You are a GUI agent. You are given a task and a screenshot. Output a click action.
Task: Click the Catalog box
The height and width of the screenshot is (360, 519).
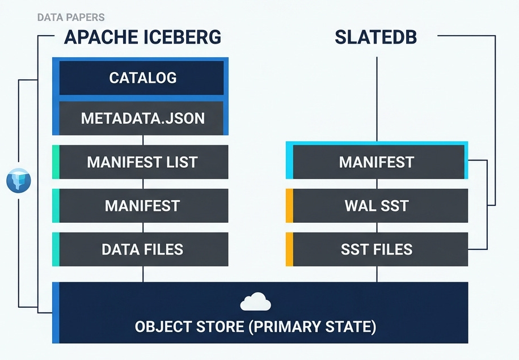coord(142,77)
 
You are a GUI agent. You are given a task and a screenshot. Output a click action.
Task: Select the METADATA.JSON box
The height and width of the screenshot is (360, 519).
coord(142,118)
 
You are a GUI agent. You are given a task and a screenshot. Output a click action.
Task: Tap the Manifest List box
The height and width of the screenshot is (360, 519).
coord(142,162)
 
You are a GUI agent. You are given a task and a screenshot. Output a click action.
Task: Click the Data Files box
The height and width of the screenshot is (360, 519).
coord(142,249)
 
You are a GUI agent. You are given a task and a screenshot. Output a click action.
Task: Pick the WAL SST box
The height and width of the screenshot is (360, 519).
coord(377,205)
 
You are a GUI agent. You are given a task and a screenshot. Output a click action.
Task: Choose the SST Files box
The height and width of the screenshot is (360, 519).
coord(377,249)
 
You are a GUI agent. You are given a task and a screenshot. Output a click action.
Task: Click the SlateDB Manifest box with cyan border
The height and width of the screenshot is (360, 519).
coord(377,162)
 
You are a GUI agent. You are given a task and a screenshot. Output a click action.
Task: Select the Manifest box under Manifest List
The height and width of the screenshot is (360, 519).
coord(142,205)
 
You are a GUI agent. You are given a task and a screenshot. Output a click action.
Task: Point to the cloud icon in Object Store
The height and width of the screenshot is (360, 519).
coord(255,302)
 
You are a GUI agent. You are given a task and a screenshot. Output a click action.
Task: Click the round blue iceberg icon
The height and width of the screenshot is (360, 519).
coord(18,181)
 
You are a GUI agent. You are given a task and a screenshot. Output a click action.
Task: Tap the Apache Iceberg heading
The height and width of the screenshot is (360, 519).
coord(142,37)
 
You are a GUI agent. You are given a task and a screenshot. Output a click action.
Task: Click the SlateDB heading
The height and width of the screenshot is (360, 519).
coord(376,37)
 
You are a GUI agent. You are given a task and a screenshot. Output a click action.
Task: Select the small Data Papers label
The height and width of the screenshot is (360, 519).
coord(70,18)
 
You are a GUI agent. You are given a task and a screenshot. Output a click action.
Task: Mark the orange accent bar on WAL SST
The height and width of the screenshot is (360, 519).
coord(289,205)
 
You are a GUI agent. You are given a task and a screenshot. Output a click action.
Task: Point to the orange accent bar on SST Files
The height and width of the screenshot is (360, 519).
coord(289,249)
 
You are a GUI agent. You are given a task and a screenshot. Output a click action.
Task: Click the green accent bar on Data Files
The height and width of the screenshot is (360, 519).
coord(56,249)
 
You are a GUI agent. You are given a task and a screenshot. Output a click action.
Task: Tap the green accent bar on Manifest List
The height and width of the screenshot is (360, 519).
coord(56,162)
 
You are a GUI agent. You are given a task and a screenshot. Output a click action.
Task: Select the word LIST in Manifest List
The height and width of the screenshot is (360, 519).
coord(180,162)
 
